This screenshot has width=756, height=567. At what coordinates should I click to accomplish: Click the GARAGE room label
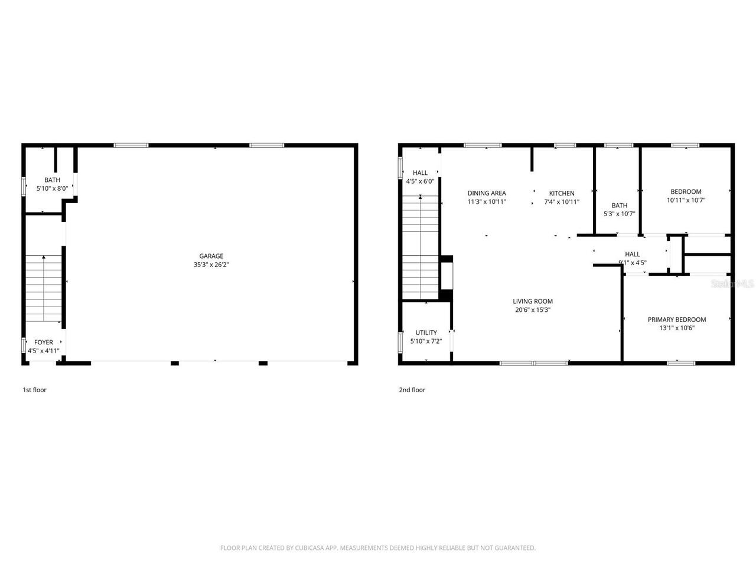[211, 256]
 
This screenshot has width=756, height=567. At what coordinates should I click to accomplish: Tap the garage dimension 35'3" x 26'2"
[211, 265]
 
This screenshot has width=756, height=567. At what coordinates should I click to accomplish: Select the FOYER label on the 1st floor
[44, 343]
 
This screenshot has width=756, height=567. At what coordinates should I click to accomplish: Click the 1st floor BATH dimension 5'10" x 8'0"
[52, 189]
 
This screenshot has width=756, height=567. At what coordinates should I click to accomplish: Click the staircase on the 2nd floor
[420, 248]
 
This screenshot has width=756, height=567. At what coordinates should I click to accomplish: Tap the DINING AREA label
[487, 193]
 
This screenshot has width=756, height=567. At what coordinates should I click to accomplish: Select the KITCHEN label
[562, 193]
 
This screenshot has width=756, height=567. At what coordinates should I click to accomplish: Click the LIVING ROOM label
[533, 301]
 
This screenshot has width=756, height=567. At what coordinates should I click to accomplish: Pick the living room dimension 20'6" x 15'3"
[533, 310]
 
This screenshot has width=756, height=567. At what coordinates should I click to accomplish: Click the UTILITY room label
[426, 333]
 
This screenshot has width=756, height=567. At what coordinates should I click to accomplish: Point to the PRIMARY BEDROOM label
[677, 320]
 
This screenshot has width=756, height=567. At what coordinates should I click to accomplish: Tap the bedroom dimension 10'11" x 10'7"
[686, 200]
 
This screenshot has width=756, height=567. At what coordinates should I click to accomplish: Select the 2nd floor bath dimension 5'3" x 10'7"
[619, 214]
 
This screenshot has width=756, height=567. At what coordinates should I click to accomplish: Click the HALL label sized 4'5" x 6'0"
[420, 173]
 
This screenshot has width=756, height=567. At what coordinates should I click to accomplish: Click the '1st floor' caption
[34, 390]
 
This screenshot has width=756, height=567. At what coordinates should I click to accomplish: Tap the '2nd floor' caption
[412, 390]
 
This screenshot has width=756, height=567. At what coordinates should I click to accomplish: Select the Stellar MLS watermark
[732, 284]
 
